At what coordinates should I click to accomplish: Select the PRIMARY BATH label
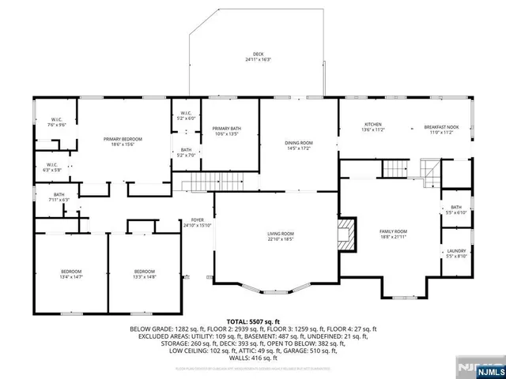[226, 131]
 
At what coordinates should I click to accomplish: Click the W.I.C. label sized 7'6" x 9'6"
[56, 122]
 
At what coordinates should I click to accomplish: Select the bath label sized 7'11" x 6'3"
[59, 197]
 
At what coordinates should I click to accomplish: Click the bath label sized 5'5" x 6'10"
[456, 210]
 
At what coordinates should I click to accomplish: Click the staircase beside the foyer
[198, 186]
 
